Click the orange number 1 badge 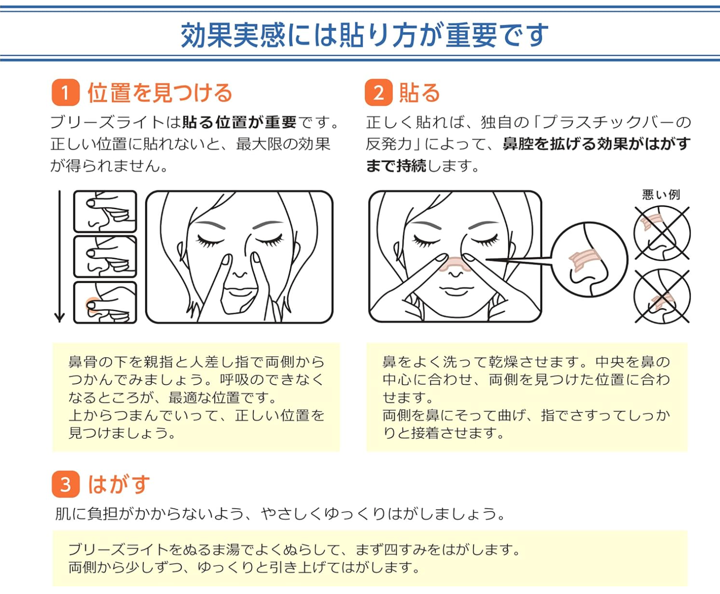[65, 92]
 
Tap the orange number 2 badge [379, 92]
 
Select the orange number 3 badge [65, 484]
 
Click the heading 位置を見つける [160, 93]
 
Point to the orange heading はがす [119, 484]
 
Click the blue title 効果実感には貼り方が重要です [364, 35]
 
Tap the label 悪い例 [661, 195]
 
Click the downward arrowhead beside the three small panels [59, 317]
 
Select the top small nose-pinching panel [105, 212]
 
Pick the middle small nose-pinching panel [105, 256]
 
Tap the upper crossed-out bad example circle [662, 233]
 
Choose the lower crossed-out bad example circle [662, 297]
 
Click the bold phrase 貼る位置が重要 [239, 122]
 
